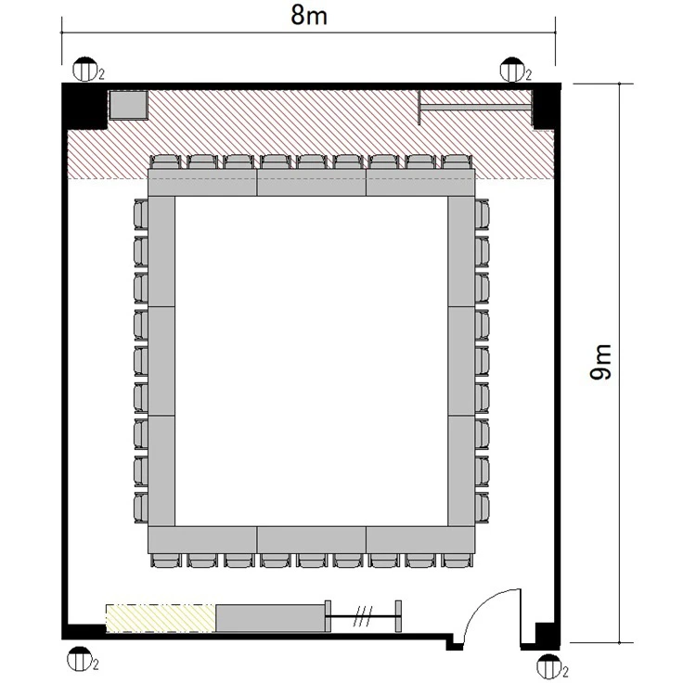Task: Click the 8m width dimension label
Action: coord(309,16)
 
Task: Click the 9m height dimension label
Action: coord(600,362)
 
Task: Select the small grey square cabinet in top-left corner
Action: coord(129,105)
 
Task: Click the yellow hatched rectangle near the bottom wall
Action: coord(161,618)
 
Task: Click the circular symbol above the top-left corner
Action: coord(84,69)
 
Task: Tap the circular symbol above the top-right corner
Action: coord(512,69)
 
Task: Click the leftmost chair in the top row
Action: coord(165,161)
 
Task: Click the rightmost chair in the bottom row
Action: coord(457,561)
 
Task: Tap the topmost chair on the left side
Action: coord(141,215)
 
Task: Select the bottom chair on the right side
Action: coord(482,507)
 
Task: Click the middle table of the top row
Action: coord(312,183)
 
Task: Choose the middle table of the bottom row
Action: coord(312,540)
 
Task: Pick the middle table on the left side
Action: coord(161,361)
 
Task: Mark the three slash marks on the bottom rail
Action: coord(363,616)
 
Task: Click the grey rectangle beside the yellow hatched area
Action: coord(270,617)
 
